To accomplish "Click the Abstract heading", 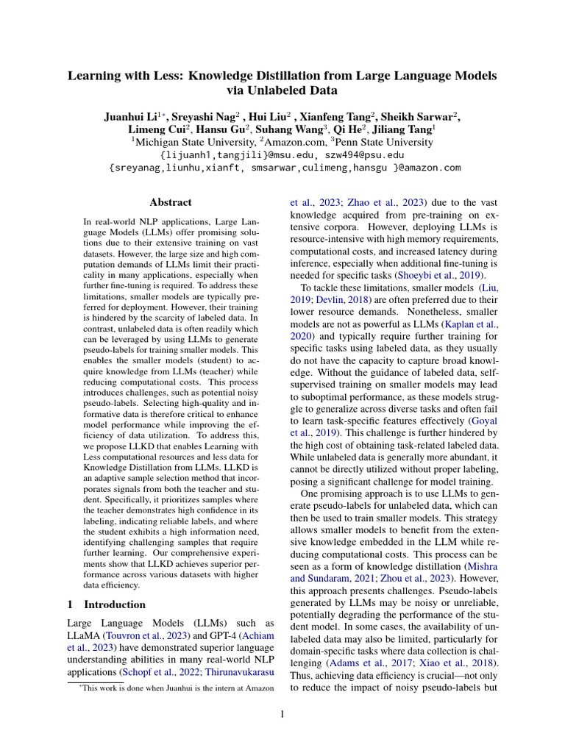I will tap(171, 202).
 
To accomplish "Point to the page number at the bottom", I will tap(282, 713).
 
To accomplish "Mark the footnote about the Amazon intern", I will tap(177, 688).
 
